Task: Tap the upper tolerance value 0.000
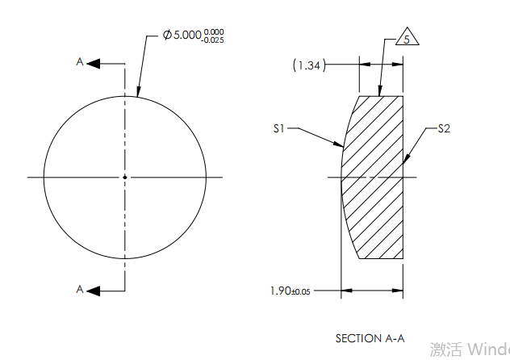[213, 31]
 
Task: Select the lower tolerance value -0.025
[212, 40]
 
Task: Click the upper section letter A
[79, 62]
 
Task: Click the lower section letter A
[79, 289]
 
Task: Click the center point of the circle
[124, 177]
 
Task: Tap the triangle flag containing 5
[408, 39]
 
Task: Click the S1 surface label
[279, 128]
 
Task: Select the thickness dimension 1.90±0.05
[291, 290]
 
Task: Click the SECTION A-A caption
[369, 337]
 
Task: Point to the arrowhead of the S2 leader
[405, 164]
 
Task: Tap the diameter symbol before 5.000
[167, 36]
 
